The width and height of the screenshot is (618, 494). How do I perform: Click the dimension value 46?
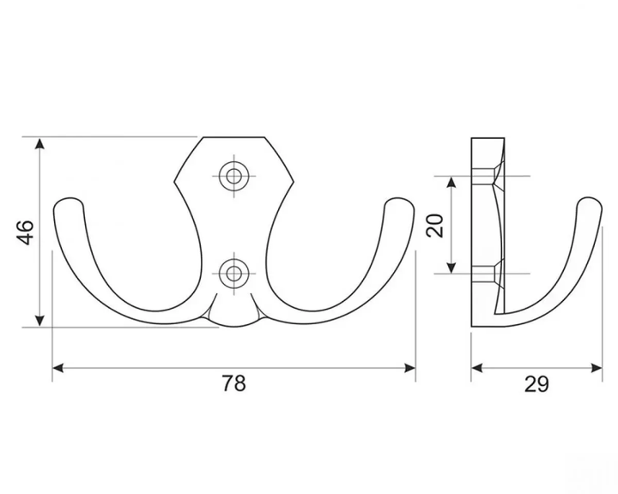[27, 232]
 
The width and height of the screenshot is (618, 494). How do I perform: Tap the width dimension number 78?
[233, 383]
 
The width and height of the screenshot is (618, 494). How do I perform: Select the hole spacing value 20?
[435, 226]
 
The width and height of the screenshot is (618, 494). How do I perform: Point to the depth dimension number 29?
[536, 384]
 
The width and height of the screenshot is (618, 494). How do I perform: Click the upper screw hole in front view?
[234, 176]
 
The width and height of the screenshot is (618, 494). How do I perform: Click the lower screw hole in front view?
[234, 273]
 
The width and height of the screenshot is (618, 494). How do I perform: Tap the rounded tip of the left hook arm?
[69, 203]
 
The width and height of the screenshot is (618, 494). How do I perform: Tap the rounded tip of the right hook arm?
[399, 203]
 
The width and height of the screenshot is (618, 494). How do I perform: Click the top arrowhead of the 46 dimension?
[39, 144]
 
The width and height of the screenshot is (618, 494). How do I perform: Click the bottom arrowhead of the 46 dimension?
[39, 320]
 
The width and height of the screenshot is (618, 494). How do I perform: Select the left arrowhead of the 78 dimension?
[58, 368]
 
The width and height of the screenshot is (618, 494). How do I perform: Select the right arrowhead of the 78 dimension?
[409, 368]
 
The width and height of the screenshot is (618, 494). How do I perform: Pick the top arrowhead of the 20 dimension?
[451, 183]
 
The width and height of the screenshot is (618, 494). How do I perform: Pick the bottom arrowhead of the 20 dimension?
[451, 267]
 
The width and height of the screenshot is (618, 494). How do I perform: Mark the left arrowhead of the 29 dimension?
[477, 368]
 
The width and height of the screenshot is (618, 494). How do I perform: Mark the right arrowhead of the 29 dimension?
[596, 368]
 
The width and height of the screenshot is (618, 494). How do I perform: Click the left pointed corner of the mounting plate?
[175, 182]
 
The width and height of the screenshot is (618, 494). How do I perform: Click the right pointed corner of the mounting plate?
[294, 182]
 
